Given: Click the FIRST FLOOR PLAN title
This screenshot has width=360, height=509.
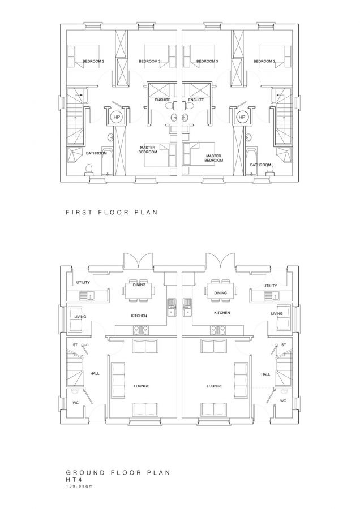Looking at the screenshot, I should pyautogui.click(x=111, y=213).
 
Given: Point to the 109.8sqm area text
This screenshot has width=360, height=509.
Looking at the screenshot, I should pyautogui.click(x=80, y=485).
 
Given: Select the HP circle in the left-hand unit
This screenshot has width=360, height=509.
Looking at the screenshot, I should pyautogui.click(x=117, y=117).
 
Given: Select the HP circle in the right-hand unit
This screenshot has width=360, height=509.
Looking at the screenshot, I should pyautogui.click(x=242, y=117).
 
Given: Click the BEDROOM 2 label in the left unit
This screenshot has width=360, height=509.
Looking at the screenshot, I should pyautogui.click(x=93, y=61).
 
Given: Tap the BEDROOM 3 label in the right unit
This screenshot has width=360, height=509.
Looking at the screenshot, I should pyautogui.click(x=207, y=61).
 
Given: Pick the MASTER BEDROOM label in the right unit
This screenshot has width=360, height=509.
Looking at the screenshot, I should pyautogui.click(x=213, y=158).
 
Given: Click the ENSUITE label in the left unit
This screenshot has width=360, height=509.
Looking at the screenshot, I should pyautogui.click(x=163, y=100).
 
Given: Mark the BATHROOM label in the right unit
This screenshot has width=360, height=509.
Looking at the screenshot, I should pyautogui.click(x=260, y=165).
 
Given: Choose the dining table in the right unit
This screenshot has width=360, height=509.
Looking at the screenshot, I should pyautogui.click(x=221, y=290).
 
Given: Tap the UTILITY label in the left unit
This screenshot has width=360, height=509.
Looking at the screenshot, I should pyautogui.click(x=83, y=282).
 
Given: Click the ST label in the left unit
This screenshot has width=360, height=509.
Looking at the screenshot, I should pyautogui.click(x=75, y=344).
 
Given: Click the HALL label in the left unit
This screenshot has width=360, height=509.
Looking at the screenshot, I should pyautogui.click(x=95, y=374).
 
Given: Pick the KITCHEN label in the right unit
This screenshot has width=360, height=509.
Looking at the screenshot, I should pyautogui.click(x=221, y=312).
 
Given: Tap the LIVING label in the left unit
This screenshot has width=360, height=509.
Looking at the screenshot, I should pyautogui.click(x=80, y=316).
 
